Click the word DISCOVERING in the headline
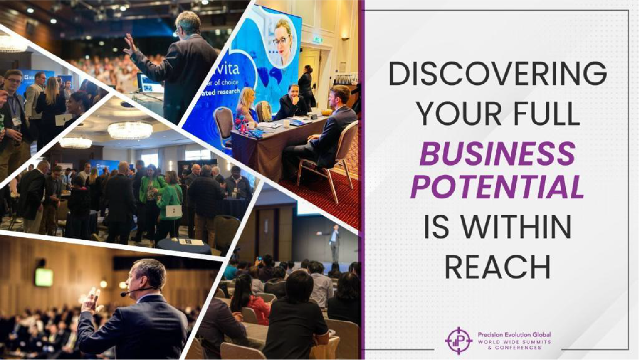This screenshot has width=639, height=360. click(498, 74)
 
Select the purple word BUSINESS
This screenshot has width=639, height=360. click(498, 153)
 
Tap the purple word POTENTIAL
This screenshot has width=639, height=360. click(498, 188)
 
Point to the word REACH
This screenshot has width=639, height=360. click(498, 267)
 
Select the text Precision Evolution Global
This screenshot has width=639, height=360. click(514, 335)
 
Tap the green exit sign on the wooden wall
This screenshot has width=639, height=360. click(44, 277)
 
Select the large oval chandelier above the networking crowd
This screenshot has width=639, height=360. click(130, 130)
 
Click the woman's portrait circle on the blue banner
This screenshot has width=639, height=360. click(283, 42)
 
